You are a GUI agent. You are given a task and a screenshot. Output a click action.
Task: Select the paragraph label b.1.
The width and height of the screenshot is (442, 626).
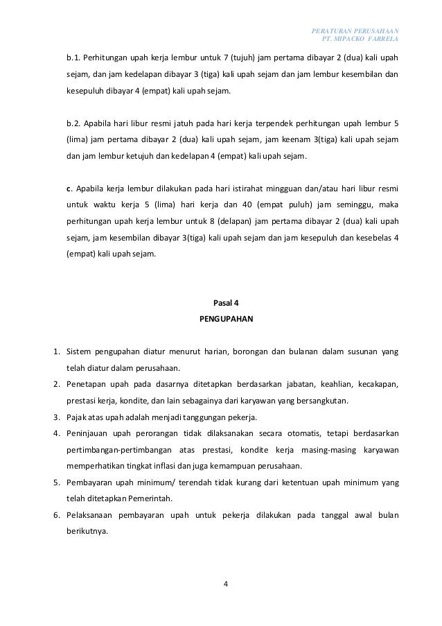pos(73,57)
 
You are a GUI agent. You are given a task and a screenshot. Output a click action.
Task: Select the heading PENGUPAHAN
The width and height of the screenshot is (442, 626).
pos(227,320)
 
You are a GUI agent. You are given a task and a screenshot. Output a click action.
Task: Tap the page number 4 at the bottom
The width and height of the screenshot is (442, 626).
pos(227,583)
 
